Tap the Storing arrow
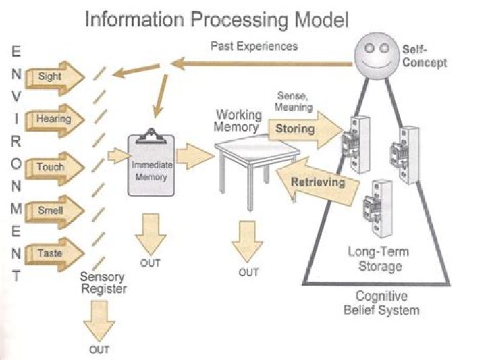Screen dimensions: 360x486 coord(301,128)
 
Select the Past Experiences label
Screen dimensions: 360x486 coord(253,47)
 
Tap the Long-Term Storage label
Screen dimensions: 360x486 coord(379,259)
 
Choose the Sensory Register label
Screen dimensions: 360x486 coord(103,282)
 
